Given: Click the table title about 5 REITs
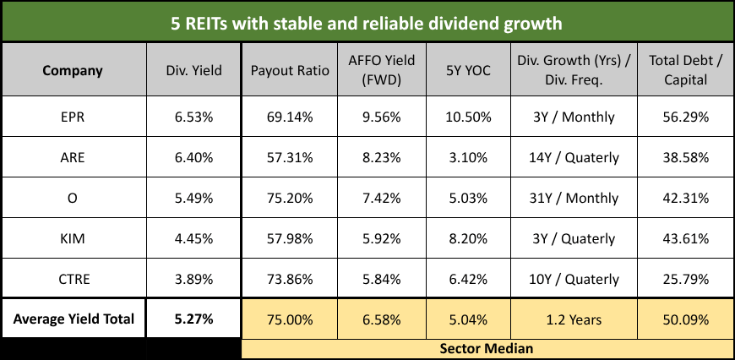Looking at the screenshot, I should pyautogui.click(x=367, y=23).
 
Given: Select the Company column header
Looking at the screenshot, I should pyautogui.click(x=73, y=70).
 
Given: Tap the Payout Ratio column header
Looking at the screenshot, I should pyautogui.click(x=283, y=70).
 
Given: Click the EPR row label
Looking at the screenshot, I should pyautogui.click(x=73, y=117).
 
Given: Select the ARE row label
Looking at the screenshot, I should pyautogui.click(x=73, y=158).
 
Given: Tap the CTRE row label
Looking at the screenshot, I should pyautogui.click(x=73, y=280).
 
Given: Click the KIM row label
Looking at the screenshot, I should pyautogui.click(x=73, y=239).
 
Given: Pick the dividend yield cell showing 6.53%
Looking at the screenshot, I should pyautogui.click(x=193, y=117).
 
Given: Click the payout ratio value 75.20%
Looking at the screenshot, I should pyautogui.click(x=283, y=199).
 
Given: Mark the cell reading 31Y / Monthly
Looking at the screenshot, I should pyautogui.click(x=574, y=199).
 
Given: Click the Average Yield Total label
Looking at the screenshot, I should pyautogui.click(x=73, y=320).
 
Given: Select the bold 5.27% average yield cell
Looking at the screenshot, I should pyautogui.click(x=193, y=320).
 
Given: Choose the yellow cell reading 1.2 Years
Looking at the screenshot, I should pyautogui.click(x=574, y=320).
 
